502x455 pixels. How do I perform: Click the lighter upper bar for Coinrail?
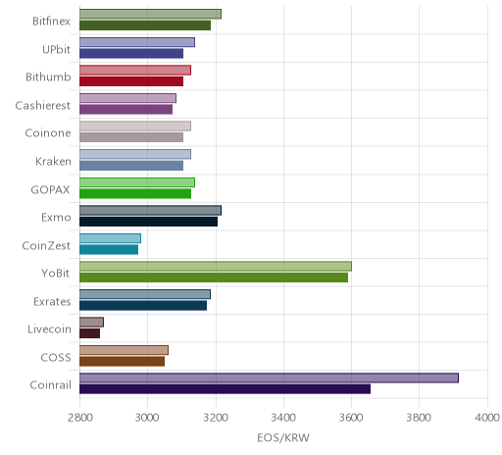pyautogui.click(x=269, y=378)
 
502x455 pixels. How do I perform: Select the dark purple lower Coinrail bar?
pyautogui.click(x=225, y=389)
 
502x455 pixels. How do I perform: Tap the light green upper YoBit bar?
pyautogui.click(x=216, y=266)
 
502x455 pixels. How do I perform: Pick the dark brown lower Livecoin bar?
pyautogui.click(x=89, y=333)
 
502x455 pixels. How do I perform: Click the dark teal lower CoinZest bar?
pyautogui.click(x=109, y=250)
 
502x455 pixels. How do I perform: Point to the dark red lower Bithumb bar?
pyautogui.click(x=131, y=81)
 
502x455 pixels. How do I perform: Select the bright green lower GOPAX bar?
pyautogui.click(x=135, y=193)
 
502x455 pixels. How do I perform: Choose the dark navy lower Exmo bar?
pyautogui.click(x=148, y=222)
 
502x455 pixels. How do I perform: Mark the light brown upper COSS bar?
pyautogui.click(x=124, y=350)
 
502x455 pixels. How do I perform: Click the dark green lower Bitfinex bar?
pyautogui.click(x=145, y=25)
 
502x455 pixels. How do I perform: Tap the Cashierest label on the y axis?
pyautogui.click(x=43, y=105)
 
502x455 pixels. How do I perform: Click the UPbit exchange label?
pyautogui.click(x=56, y=49)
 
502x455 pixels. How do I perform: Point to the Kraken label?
pyautogui.click(x=53, y=161)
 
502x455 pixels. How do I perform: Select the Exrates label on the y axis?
pyautogui.click(x=52, y=301)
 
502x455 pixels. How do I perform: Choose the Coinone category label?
pyautogui.click(x=48, y=133)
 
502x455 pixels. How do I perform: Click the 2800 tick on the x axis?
pyautogui.click(x=80, y=418)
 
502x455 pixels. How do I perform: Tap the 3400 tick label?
pyautogui.click(x=283, y=418)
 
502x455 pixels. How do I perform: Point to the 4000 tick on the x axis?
pyautogui.click(x=487, y=418)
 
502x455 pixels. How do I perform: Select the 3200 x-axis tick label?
pyautogui.click(x=216, y=418)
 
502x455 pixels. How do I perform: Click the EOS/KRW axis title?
pyautogui.click(x=283, y=437)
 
